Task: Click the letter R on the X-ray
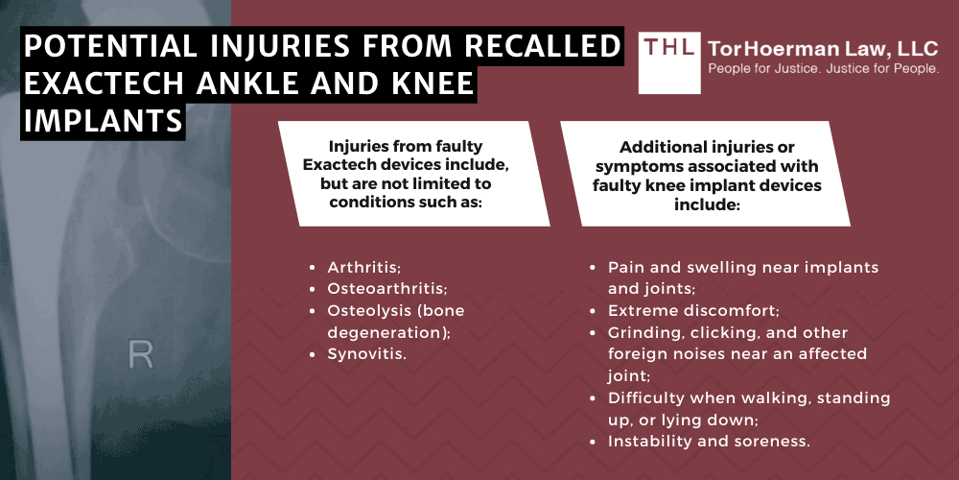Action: click(140, 355)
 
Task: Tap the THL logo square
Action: click(669, 63)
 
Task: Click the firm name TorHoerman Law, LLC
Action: click(823, 48)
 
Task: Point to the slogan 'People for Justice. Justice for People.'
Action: click(823, 68)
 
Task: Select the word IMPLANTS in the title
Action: click(103, 120)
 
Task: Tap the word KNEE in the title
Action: click(428, 84)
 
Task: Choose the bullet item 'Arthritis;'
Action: click(363, 267)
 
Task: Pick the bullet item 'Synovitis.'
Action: click(367, 353)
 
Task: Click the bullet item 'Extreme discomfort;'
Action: click(693, 310)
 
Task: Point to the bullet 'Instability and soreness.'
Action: click(709, 441)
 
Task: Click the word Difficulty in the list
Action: click(646, 398)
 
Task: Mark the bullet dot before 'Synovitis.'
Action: click(314, 354)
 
